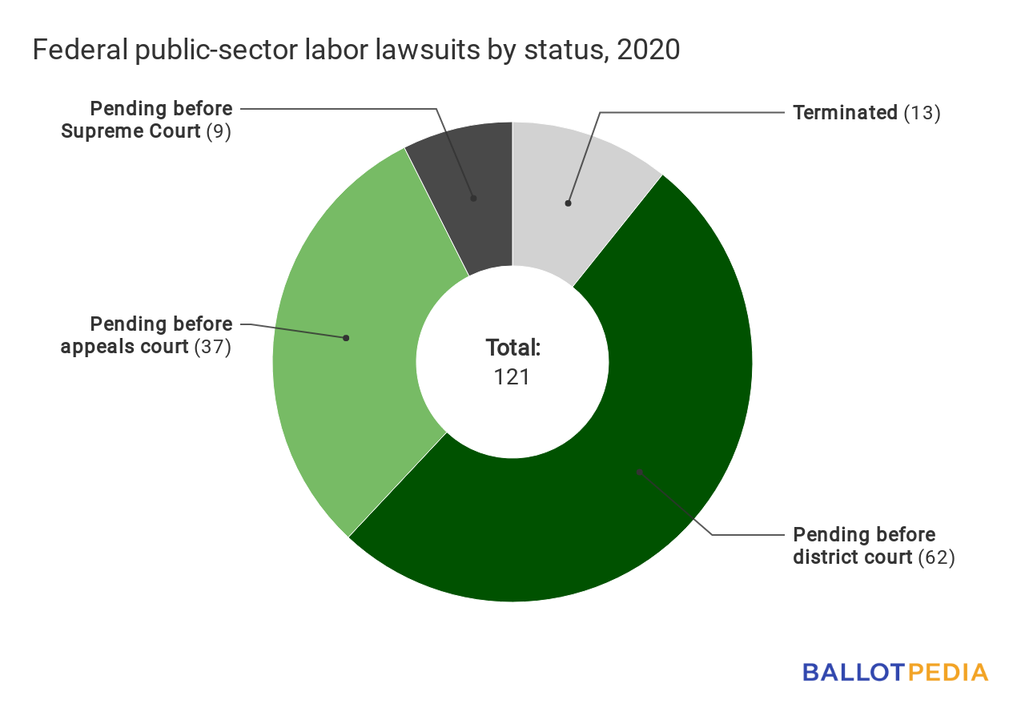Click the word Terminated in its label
tap(845, 113)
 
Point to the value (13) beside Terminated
tap(922, 113)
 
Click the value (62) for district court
tap(936, 557)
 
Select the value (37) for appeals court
tap(213, 348)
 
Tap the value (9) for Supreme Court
tap(219, 131)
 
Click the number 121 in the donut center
tap(512, 376)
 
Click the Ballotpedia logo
tap(895, 672)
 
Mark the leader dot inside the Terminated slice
tap(568, 203)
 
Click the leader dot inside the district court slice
tap(639, 472)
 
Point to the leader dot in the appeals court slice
tap(346, 338)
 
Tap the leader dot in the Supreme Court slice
tap(473, 197)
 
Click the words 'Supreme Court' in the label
tap(131, 131)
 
